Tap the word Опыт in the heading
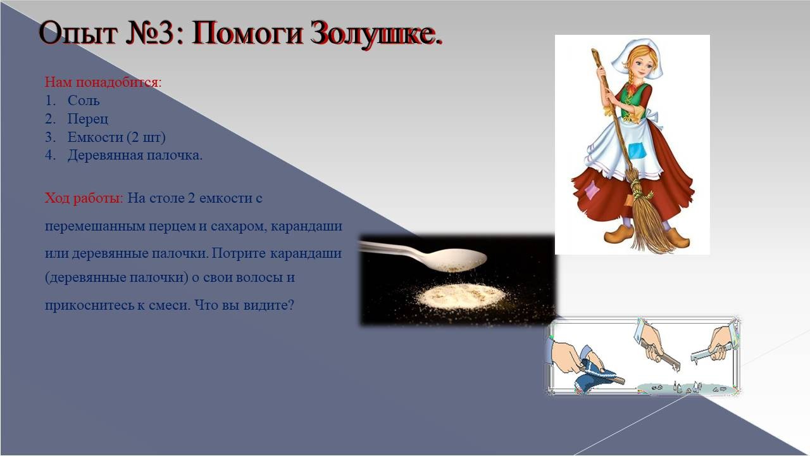[x=78, y=34]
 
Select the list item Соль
[x=84, y=101]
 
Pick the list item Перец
[x=88, y=119]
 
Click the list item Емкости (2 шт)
[x=116, y=137]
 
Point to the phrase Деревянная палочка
[x=135, y=155]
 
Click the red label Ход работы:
[x=84, y=198]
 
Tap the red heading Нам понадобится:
[x=103, y=82]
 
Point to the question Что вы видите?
[x=244, y=305]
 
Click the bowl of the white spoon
[x=459, y=260]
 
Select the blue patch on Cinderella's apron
[x=637, y=151]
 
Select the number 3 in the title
[x=166, y=34]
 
